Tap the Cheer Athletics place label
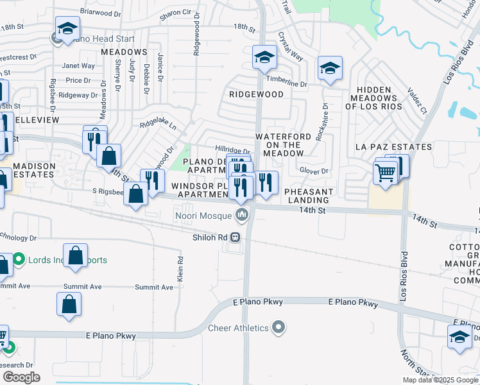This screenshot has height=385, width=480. (x=238, y=329)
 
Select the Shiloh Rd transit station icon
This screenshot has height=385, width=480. (x=236, y=237)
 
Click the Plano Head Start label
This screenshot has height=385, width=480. (x=103, y=39)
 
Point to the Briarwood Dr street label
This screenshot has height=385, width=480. (x=101, y=13)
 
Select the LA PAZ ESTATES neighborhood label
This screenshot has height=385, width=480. (x=393, y=147)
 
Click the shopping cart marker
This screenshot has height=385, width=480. (x=384, y=172)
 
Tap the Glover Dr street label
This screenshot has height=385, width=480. (x=314, y=171)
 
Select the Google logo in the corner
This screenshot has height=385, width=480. (x=21, y=377)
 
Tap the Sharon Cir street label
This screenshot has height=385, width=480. (x=176, y=13)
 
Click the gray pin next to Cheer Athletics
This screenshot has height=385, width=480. (x=278, y=329)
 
